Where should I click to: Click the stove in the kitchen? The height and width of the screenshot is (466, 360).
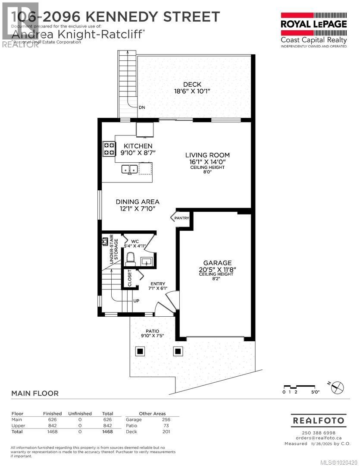(109, 149)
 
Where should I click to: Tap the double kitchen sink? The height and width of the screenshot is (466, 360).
(129, 169)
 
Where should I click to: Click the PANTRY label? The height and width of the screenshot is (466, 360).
(182, 218)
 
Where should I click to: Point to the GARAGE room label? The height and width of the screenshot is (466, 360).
(218, 263)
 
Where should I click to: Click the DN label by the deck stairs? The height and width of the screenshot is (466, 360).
(142, 107)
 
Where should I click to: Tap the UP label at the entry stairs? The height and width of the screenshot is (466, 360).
(136, 301)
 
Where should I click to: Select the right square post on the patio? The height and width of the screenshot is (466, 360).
(178, 351)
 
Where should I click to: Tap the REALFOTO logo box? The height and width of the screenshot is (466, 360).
(319, 420)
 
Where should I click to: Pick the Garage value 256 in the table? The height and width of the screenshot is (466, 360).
(166, 419)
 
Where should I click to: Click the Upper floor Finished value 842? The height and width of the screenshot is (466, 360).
(52, 425)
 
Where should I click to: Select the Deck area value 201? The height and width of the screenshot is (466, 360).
(166, 431)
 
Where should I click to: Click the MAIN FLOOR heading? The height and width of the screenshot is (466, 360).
(34, 394)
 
